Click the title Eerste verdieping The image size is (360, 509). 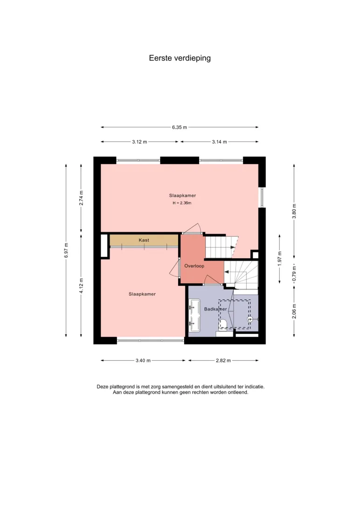pos(180,58)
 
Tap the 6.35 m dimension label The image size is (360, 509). pos(180,127)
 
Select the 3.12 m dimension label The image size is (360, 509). pos(139,142)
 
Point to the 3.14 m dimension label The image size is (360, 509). pos(220,142)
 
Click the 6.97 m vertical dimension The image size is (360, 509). pos(66,250)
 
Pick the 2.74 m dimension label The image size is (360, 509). pos(81,198)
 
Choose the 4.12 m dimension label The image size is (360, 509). pos(81,286)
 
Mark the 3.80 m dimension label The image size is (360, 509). pos(294,211)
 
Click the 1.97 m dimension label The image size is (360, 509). pos(279,259)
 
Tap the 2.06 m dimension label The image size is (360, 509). pos(294,311)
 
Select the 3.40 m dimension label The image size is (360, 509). pos(143,360)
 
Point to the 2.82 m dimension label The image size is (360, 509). pos(223,360)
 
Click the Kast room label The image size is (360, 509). pos(144,240)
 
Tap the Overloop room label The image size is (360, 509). pos(194,266)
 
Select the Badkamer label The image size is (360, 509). pos(215,309)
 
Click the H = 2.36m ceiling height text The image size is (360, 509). pos(182,203)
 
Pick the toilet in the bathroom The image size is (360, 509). pos(223,324)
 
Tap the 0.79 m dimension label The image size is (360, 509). pos(294,274)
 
